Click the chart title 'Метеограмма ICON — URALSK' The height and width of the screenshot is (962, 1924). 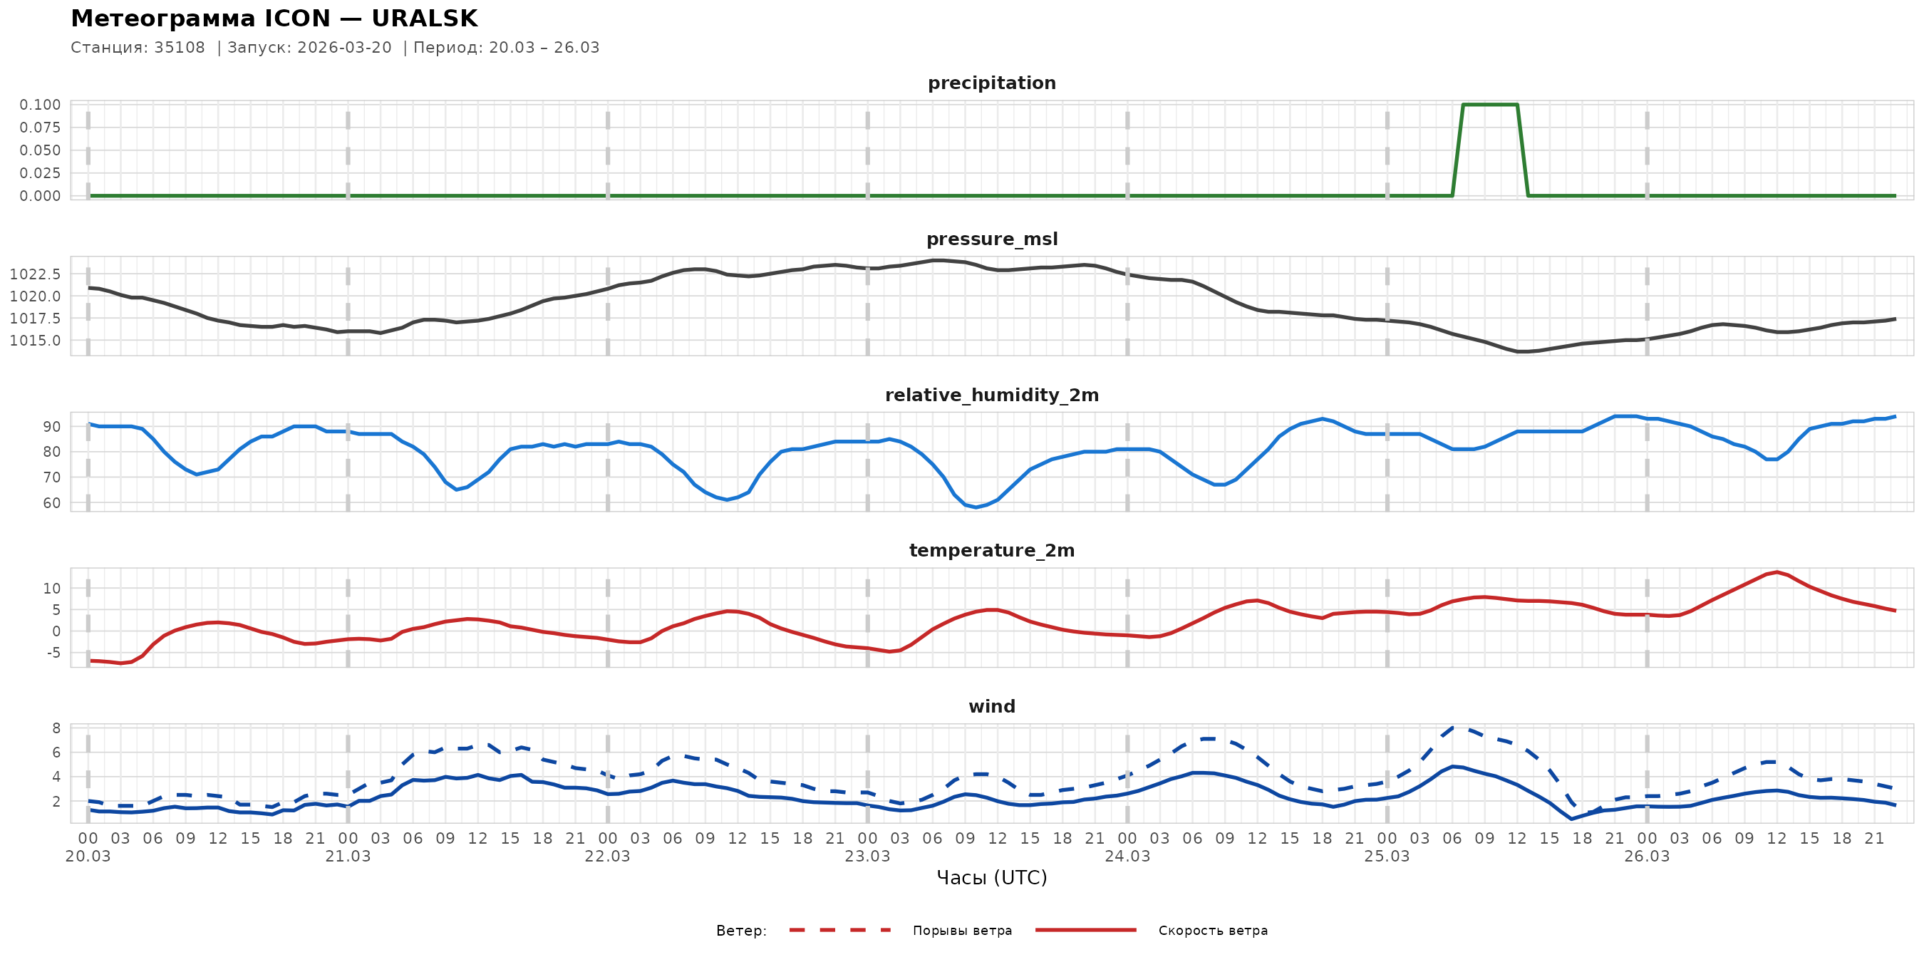(274, 19)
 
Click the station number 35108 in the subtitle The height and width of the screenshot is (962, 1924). (180, 48)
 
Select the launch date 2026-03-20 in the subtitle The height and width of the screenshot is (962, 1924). (344, 48)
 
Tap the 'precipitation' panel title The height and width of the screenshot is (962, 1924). (991, 83)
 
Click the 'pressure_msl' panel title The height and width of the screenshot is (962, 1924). (991, 239)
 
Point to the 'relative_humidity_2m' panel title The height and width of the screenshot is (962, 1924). (991, 395)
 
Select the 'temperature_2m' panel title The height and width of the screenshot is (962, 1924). (991, 550)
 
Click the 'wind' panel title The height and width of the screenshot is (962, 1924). (991, 707)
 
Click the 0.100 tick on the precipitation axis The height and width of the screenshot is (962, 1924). (41, 105)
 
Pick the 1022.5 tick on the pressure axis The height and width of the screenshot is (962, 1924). (35, 274)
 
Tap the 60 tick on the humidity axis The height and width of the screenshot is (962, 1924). (51, 502)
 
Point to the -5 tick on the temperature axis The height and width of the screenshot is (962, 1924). (53, 653)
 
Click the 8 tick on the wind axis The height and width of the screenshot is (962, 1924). (56, 728)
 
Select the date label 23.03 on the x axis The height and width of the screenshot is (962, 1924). (867, 856)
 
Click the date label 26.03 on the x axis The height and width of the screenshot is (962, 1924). (1646, 856)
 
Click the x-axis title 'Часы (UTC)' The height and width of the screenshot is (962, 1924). (991, 878)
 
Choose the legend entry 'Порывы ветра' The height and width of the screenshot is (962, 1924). (962, 931)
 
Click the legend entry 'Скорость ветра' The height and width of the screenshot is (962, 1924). (1212, 931)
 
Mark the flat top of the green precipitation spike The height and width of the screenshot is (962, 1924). (1489, 105)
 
